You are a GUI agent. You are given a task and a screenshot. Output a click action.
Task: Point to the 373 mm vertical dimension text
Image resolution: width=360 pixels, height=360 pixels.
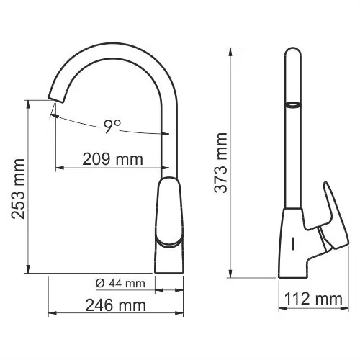point(221,164)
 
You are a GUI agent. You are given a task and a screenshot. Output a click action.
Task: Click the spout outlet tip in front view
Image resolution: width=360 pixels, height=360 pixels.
point(53,96)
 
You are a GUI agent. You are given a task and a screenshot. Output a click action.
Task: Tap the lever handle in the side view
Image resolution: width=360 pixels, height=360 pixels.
point(329,216)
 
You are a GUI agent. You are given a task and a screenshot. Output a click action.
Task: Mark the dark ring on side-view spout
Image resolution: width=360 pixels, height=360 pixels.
point(293,104)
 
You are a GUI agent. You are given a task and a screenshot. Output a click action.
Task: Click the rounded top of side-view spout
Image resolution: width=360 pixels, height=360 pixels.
point(294,53)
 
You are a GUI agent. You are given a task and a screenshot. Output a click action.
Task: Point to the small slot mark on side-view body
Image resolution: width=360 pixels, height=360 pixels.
point(294,243)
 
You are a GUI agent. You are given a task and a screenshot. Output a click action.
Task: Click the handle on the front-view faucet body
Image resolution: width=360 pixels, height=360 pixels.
point(170,216)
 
